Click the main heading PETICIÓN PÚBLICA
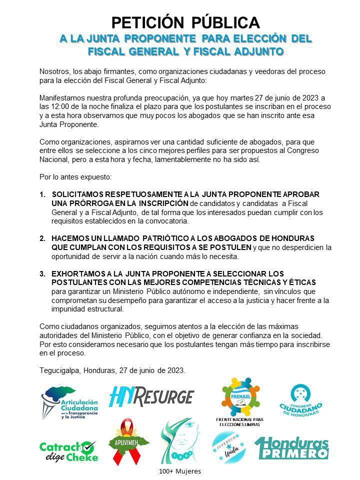coord(185,22)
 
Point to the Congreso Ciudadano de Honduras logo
coord(306,400)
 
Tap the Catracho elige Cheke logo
coord(68,450)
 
